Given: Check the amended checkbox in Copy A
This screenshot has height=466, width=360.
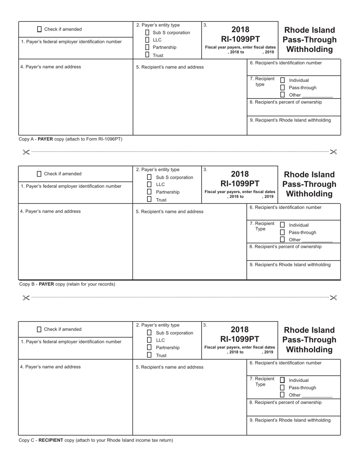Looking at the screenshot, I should click(x=39, y=29).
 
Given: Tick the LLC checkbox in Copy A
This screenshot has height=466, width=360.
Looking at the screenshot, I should click(x=147, y=40).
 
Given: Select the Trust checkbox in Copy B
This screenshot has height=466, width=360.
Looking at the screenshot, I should click(x=149, y=199).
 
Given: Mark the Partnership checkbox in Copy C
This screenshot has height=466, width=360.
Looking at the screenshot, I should click(x=149, y=347).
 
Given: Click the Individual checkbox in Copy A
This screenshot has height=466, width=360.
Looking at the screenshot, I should click(x=282, y=80).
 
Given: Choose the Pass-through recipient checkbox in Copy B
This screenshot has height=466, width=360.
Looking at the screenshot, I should click(x=282, y=232).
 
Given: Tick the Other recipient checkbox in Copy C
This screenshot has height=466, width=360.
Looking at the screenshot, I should click(x=282, y=395).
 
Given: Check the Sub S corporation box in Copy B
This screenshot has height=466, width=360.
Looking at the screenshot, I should click(x=149, y=177).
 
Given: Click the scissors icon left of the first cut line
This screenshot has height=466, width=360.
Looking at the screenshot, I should click(x=26, y=152).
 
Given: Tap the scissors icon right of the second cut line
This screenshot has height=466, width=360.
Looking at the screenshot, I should click(x=333, y=298).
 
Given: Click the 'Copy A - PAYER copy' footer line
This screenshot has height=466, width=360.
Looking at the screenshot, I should click(x=70, y=139).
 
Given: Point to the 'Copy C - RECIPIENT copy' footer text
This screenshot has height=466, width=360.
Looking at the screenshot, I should click(x=95, y=440).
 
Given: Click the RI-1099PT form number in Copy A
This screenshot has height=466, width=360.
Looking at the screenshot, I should click(x=240, y=39).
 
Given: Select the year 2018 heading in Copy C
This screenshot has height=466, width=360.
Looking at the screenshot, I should click(x=240, y=330).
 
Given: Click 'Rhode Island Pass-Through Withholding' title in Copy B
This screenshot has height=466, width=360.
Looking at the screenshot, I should click(x=309, y=184).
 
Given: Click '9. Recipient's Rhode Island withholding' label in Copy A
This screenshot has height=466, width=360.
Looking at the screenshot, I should click(x=290, y=120).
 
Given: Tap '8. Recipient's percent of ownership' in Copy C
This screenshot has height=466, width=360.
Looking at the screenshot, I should click(x=286, y=402).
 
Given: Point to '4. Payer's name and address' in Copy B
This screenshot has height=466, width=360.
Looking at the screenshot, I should click(x=50, y=211).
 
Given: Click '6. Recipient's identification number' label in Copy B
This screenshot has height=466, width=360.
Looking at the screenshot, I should click(x=286, y=207).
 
